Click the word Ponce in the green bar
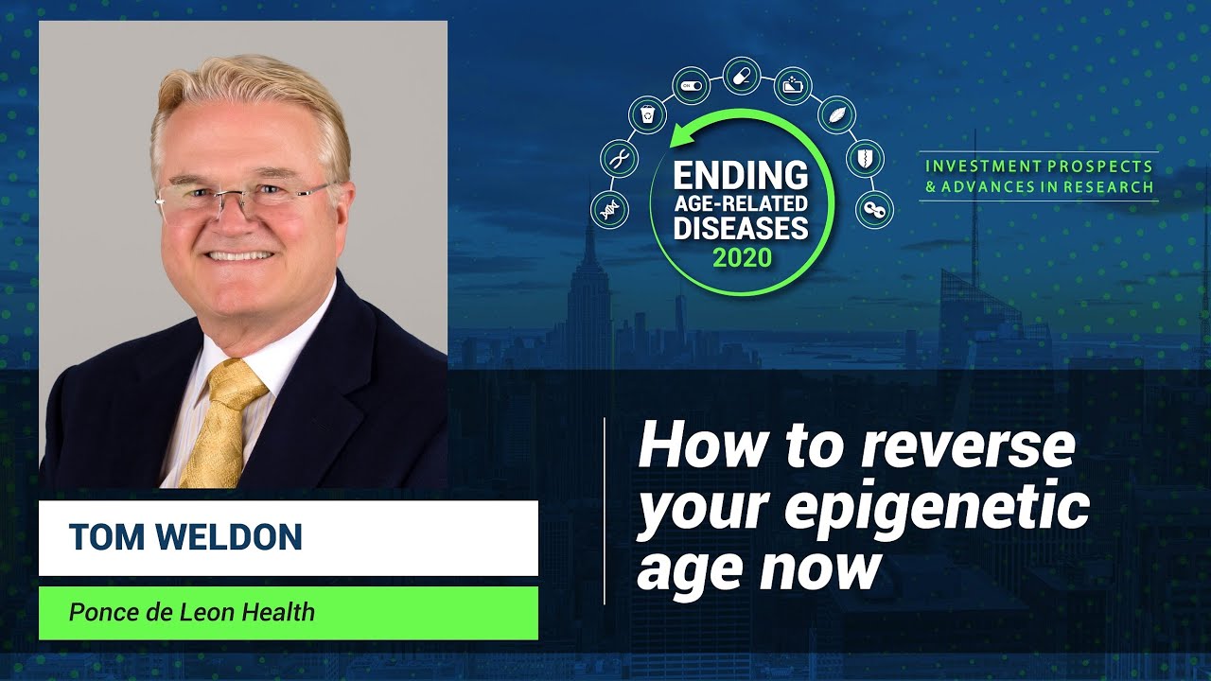coord(97,612)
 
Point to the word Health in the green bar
coord(278,612)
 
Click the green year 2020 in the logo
coord(743,256)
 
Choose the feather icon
coord(836,114)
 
